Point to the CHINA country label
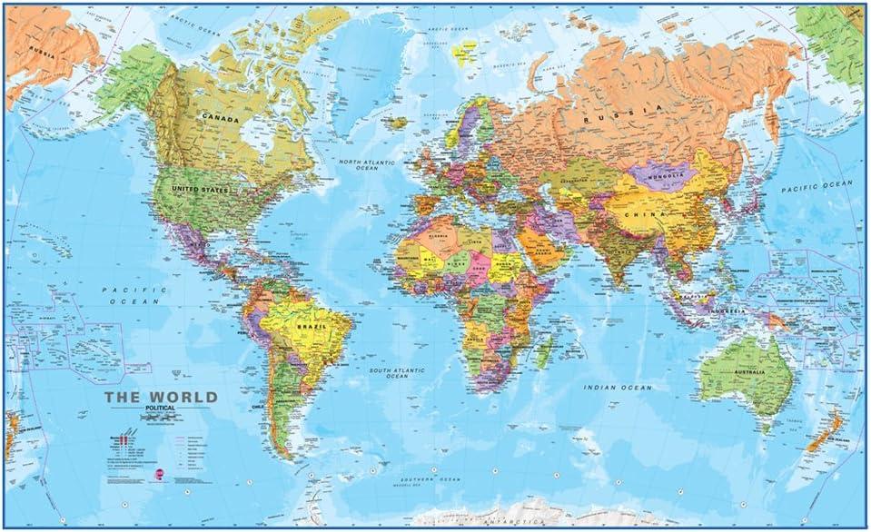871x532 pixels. (x=651, y=214)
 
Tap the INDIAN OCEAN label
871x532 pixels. (x=619, y=388)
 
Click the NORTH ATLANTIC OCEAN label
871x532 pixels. (x=360, y=164)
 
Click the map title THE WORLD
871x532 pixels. (x=161, y=397)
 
